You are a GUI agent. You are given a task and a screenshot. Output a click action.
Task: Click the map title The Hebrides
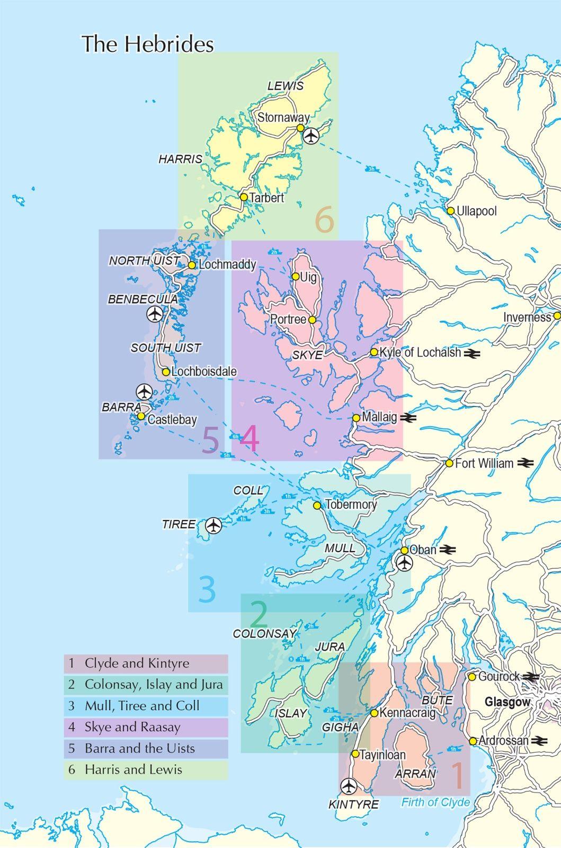[x=147, y=44]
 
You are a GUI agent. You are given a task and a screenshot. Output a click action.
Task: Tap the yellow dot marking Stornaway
[x=300, y=128]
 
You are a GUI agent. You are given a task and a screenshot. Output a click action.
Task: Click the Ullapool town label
[x=476, y=211]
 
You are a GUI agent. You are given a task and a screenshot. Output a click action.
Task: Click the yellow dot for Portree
[x=312, y=320]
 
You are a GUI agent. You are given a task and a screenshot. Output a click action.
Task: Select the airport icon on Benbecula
[x=154, y=314]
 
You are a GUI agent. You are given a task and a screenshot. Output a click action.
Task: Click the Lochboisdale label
[x=203, y=372]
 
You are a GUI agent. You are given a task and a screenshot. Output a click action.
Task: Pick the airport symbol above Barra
[x=144, y=392]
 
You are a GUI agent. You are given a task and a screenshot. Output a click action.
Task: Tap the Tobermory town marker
[x=317, y=506]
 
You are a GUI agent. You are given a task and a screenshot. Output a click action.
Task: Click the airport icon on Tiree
[x=213, y=525]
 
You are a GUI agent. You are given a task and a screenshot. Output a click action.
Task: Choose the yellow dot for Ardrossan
[x=473, y=741]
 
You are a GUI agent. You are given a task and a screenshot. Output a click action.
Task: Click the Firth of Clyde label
[x=435, y=802]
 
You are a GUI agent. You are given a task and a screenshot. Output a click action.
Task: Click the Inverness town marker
[x=557, y=316]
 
